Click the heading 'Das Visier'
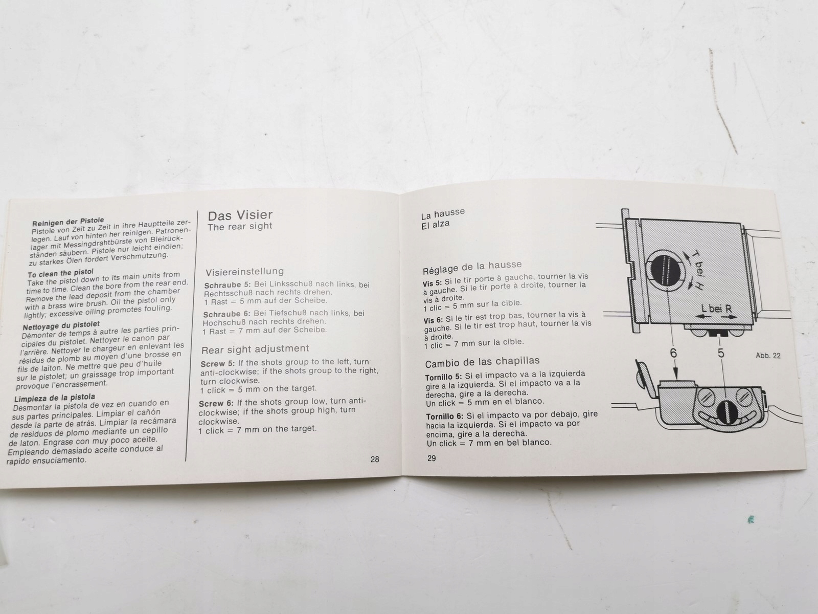pyautogui.click(x=240, y=215)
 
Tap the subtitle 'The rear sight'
pyautogui.click(x=239, y=227)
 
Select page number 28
pyautogui.click(x=375, y=459)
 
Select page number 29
pyautogui.click(x=431, y=458)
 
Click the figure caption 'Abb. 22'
pyautogui.click(x=768, y=356)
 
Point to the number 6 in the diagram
pyautogui.click(x=673, y=353)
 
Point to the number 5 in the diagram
pyautogui.click(x=721, y=353)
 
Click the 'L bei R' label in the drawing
pyautogui.click(x=716, y=309)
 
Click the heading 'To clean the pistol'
pyautogui.click(x=61, y=273)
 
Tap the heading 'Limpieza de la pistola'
pyautogui.click(x=55, y=398)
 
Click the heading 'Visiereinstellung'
pyautogui.click(x=244, y=272)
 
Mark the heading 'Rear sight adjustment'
pyautogui.click(x=255, y=349)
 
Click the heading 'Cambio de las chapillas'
pyautogui.click(x=482, y=362)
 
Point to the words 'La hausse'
pyautogui.click(x=443, y=214)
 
